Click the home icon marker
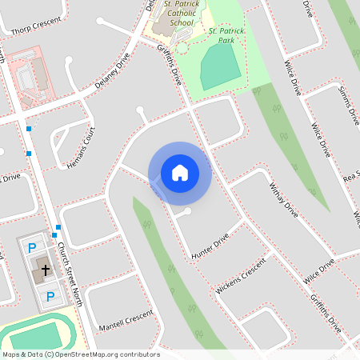pyautogui.click(x=179, y=172)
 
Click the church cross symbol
pyautogui.click(x=46, y=270)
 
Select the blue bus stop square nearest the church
pyautogui.click(x=58, y=227)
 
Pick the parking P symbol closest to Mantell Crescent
pyautogui.click(x=49, y=297)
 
